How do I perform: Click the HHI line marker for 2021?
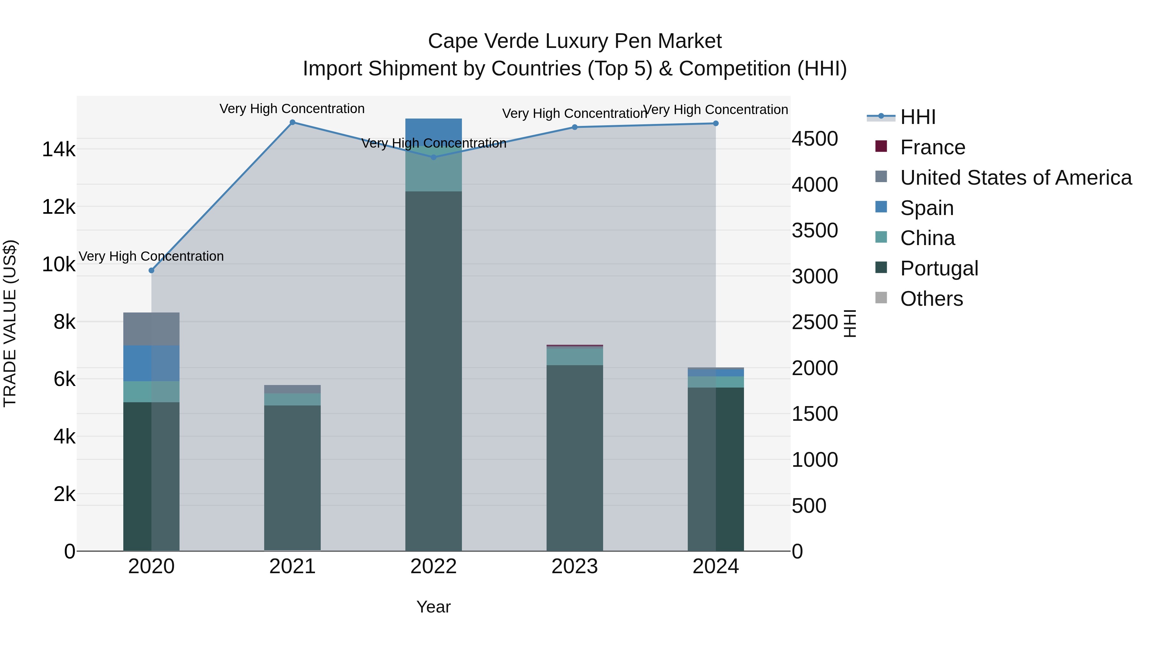(x=292, y=122)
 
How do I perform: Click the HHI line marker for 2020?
(x=151, y=271)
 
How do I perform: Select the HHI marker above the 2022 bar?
(x=433, y=157)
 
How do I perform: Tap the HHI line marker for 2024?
(x=716, y=124)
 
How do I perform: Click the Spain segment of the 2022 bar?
(x=433, y=132)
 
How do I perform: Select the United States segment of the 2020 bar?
(x=151, y=329)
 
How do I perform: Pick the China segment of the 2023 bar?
(x=575, y=356)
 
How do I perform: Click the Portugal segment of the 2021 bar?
(x=292, y=478)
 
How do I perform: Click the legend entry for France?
(x=932, y=147)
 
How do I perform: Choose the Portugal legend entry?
(x=939, y=268)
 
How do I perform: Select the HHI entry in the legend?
(x=917, y=117)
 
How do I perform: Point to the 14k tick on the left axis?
(x=58, y=149)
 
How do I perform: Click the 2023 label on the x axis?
(x=575, y=566)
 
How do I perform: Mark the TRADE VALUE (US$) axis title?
(x=10, y=323)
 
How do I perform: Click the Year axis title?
(x=433, y=607)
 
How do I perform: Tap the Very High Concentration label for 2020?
(x=151, y=256)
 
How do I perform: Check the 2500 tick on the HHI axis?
(x=815, y=322)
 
